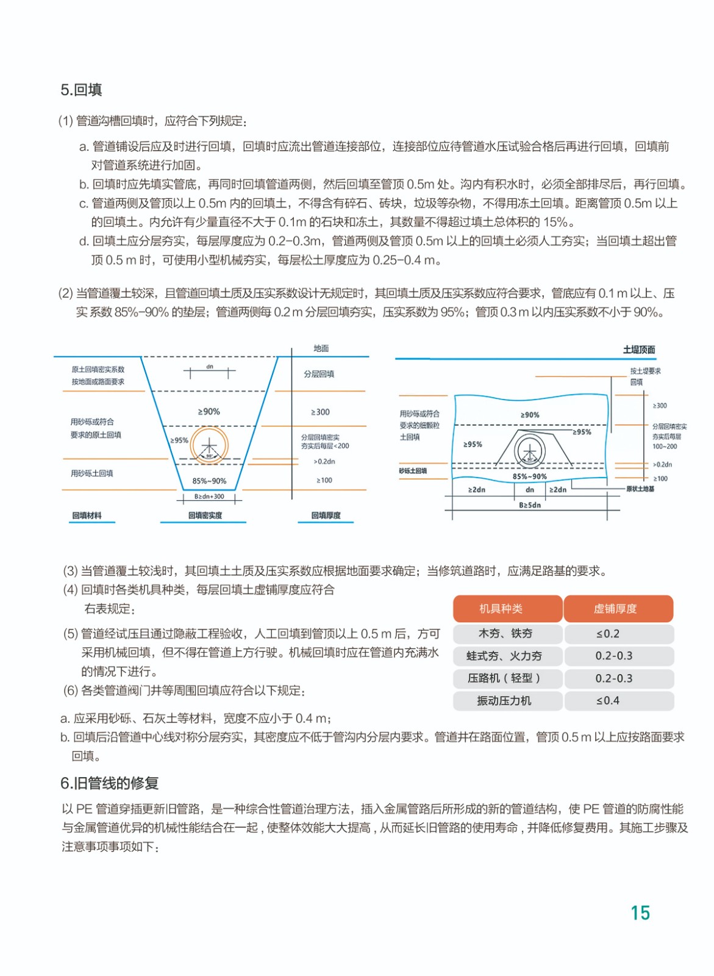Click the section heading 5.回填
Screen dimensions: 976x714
click(81, 90)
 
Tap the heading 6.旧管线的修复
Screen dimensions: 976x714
click(110, 783)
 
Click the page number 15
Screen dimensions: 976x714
click(640, 913)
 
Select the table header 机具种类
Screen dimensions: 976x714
click(501, 609)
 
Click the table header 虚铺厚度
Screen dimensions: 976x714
click(615, 609)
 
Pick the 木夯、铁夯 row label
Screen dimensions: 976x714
click(505, 634)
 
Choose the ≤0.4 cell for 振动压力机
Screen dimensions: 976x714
click(608, 701)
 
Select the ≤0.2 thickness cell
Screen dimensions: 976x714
click(608, 634)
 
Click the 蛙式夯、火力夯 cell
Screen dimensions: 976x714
click(504, 656)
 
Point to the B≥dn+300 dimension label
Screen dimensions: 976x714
click(209, 497)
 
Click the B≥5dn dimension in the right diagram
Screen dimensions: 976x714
click(530, 505)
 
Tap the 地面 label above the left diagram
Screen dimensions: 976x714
click(321, 348)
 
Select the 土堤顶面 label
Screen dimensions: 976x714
click(639, 350)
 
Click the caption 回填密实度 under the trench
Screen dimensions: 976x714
click(205, 515)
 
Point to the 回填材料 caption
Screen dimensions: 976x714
click(87, 515)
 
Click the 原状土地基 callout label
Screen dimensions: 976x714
click(640, 489)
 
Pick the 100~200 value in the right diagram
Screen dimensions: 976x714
click(665, 447)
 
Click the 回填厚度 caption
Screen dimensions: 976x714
click(326, 515)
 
